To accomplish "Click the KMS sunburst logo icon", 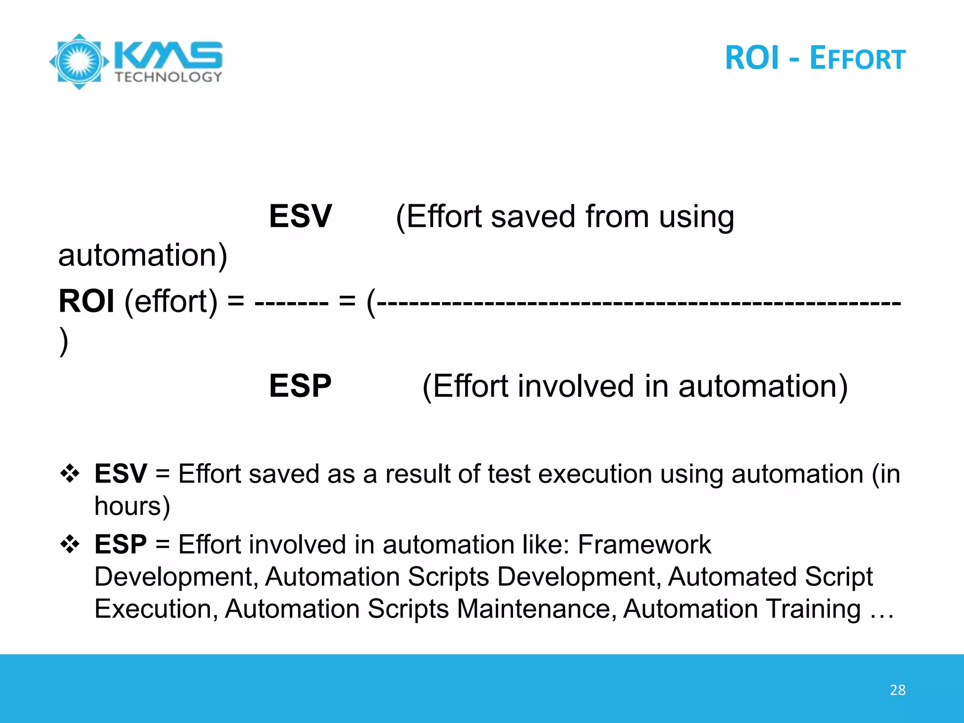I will point(79,61).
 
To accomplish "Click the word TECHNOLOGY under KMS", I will point(168,77).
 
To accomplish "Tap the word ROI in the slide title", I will point(752,58).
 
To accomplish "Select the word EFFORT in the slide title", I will point(857,59).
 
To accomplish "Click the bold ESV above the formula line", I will point(300,217).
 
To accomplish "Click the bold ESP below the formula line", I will point(300,386).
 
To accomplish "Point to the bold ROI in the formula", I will point(86,301).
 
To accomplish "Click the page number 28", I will point(898,690).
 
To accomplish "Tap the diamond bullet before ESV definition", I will point(70,474).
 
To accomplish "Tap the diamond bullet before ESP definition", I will point(70,545).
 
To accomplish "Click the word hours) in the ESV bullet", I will point(132,506).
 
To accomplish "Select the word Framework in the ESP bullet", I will point(644,545).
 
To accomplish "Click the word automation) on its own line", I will point(143,256).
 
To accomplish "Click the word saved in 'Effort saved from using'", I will point(533,217).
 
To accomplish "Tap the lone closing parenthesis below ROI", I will point(64,342).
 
